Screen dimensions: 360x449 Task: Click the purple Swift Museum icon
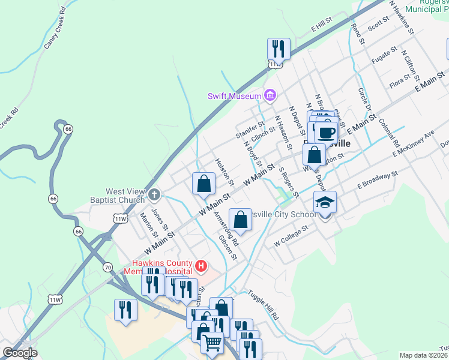tap(270, 95)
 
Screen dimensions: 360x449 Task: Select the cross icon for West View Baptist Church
tap(154, 194)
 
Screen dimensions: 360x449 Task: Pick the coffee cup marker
tap(327, 132)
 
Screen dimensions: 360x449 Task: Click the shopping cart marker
tap(212, 343)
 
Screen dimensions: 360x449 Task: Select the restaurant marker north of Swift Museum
tap(279, 48)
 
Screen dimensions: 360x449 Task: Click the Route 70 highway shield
tap(107, 266)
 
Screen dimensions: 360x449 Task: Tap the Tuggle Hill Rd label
tap(266, 306)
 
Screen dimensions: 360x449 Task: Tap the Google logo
tap(20, 353)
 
